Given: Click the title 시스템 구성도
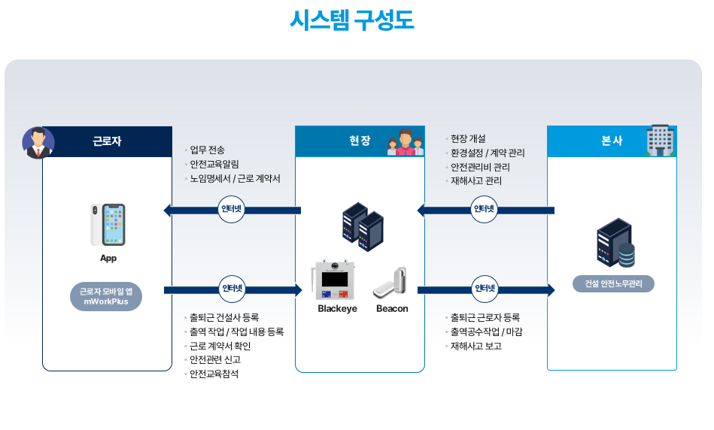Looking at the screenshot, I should [351, 21].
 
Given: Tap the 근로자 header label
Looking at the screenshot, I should [107, 141].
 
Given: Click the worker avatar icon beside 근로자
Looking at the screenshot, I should [38, 142].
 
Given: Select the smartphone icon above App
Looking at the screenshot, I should [108, 224].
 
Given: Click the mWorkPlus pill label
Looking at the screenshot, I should [106, 296].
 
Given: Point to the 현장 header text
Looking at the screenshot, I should [360, 141].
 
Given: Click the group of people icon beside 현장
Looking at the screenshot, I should [406, 142].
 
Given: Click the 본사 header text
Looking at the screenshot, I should [612, 141].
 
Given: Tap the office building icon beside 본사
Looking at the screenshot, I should [660, 141].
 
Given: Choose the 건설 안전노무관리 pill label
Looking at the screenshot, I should [613, 284].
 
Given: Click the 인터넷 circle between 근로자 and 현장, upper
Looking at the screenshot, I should [231, 210].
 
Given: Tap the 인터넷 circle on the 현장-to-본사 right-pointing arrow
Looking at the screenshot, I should [485, 289].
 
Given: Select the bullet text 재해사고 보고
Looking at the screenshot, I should [475, 346].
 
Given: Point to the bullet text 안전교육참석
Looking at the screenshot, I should [214, 374].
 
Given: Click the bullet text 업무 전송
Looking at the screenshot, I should [207, 150].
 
